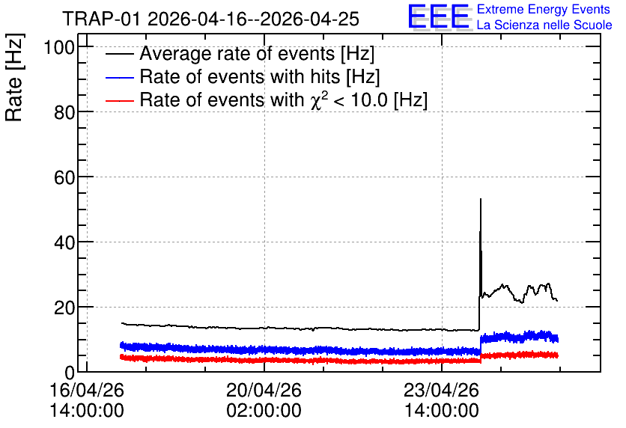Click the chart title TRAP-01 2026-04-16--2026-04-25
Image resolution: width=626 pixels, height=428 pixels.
210,19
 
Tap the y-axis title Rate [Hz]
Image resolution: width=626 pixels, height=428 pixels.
14,77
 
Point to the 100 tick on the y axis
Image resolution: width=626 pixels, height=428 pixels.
59,48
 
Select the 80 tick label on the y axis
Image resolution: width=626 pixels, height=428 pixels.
64,113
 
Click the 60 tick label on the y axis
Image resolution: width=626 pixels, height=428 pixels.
64,178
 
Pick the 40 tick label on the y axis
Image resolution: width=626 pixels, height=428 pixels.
64,243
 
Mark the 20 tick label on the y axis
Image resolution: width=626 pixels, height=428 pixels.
64,308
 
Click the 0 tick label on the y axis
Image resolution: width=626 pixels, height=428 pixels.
70,373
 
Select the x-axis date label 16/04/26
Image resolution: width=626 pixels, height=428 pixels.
87,390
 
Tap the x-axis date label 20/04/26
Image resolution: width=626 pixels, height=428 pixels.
264,390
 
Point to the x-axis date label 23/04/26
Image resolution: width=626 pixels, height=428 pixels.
441,390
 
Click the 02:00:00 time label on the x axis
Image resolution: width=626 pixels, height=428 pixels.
264,411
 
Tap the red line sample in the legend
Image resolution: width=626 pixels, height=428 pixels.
119,100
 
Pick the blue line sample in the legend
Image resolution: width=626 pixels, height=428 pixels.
119,77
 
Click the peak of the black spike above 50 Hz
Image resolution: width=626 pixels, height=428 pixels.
481,198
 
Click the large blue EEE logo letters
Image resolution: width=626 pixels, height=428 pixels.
438,16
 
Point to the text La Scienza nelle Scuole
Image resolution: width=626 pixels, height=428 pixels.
544,25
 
